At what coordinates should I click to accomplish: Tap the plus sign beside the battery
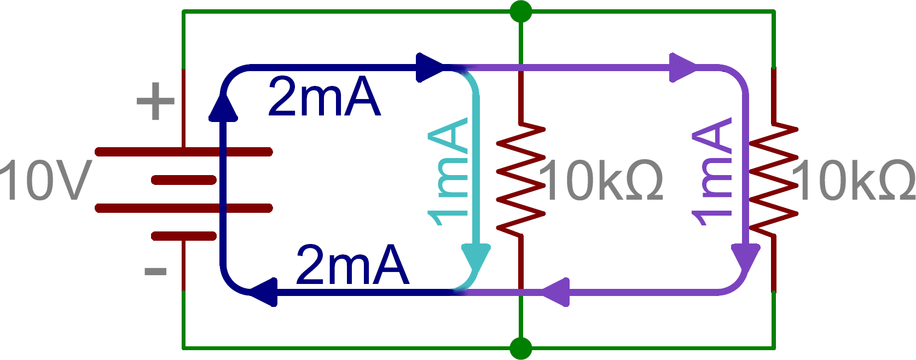155,101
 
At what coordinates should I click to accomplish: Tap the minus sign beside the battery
155,271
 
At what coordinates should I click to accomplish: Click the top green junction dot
520,11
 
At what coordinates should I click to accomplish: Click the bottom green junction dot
520,348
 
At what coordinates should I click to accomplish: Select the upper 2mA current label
324,97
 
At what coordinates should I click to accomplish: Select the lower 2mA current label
352,266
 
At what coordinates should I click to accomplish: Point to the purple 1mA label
712,171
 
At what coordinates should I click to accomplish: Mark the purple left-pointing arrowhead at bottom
556,292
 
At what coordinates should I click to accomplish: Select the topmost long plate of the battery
183,152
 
